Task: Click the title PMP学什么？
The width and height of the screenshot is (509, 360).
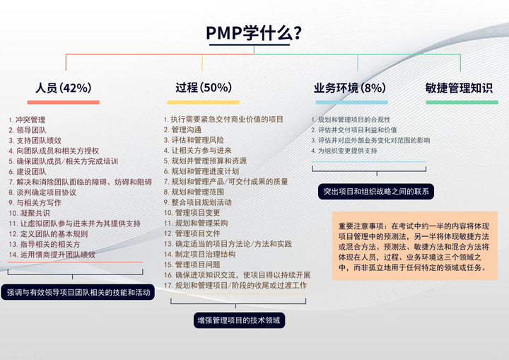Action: coord(254,33)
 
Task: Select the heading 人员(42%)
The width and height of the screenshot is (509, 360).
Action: coord(64,88)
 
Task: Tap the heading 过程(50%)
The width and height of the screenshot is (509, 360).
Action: coord(203,88)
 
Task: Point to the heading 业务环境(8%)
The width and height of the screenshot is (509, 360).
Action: coord(350,88)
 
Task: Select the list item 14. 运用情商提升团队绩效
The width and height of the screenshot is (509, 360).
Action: coord(52,254)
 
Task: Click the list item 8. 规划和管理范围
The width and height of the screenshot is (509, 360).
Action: coord(194,192)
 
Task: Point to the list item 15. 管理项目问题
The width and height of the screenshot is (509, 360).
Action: coord(192,264)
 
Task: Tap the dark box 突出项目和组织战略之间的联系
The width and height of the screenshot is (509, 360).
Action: coord(375,191)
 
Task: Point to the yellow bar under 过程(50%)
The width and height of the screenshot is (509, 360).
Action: coord(203,103)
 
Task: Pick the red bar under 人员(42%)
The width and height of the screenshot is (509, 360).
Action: coord(64,103)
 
